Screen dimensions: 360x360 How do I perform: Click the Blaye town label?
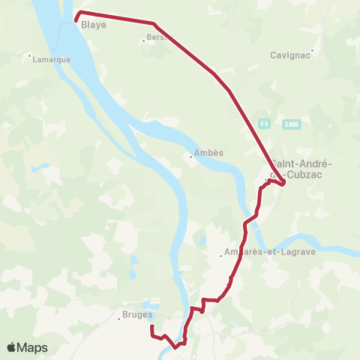pos(94,25)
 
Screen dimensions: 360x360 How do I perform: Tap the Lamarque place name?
pos(52,60)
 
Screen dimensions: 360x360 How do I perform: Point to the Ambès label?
pos(209,154)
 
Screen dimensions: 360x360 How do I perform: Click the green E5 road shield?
pos(264,124)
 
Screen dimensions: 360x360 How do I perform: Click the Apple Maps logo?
pos(28,347)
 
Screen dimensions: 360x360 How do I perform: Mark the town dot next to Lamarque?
pos(29,55)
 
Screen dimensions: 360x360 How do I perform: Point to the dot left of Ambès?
pos(190,157)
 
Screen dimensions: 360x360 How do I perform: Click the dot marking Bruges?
pos(118,319)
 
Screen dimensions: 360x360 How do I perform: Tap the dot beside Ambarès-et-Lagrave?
pos(220,256)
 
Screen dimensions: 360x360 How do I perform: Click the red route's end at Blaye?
pos(76,19)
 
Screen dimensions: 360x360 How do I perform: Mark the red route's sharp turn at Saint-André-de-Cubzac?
pos(283,181)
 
